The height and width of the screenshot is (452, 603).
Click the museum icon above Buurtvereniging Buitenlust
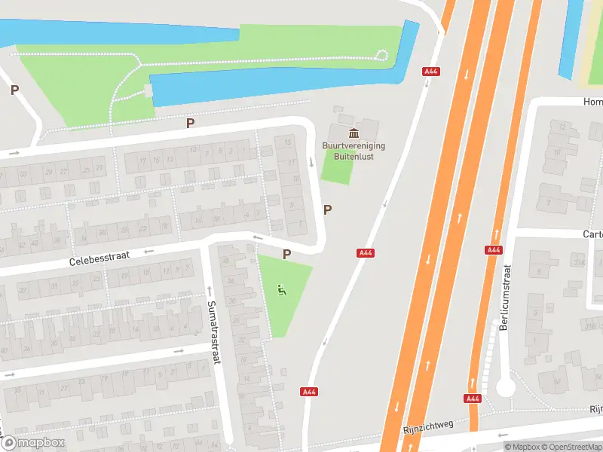[353, 133]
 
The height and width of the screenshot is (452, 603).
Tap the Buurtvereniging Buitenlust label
[354, 151]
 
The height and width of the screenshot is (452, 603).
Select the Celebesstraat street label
[99, 259]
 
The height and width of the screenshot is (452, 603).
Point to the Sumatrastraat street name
[213, 332]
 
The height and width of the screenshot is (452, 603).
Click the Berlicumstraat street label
[505, 298]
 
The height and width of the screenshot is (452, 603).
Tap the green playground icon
[282, 290]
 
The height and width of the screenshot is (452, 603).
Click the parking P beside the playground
[286, 255]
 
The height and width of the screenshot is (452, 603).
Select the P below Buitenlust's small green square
[327, 210]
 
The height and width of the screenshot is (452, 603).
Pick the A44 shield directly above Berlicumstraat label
[494, 249]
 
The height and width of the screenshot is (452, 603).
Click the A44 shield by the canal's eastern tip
[432, 72]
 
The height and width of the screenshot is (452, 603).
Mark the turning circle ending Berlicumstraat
[505, 387]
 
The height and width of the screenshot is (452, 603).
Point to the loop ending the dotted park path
[382, 55]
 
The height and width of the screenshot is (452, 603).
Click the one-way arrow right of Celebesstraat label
[148, 252]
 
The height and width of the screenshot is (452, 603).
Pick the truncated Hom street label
[592, 101]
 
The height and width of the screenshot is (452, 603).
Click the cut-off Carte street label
[592, 234]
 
